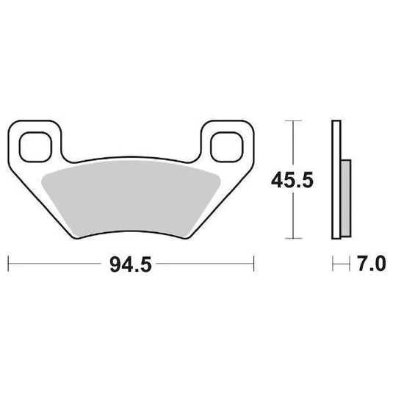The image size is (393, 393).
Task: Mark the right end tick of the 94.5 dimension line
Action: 253,262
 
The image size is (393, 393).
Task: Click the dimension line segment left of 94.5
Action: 59,262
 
